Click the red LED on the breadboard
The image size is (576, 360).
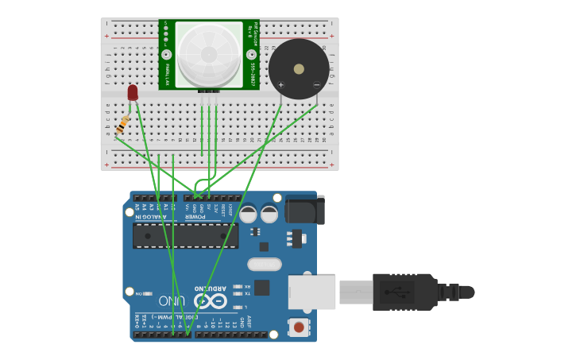133,92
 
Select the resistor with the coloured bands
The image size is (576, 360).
123,125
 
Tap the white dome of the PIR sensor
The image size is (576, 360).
209,53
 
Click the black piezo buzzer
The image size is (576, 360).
299,69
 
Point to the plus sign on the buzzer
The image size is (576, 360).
280,84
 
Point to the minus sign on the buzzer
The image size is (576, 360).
316,84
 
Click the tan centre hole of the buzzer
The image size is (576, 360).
299,69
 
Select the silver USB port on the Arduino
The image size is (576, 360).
311,292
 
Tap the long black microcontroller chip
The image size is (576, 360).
185,235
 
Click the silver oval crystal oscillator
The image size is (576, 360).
265,264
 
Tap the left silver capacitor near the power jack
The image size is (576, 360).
249,214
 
